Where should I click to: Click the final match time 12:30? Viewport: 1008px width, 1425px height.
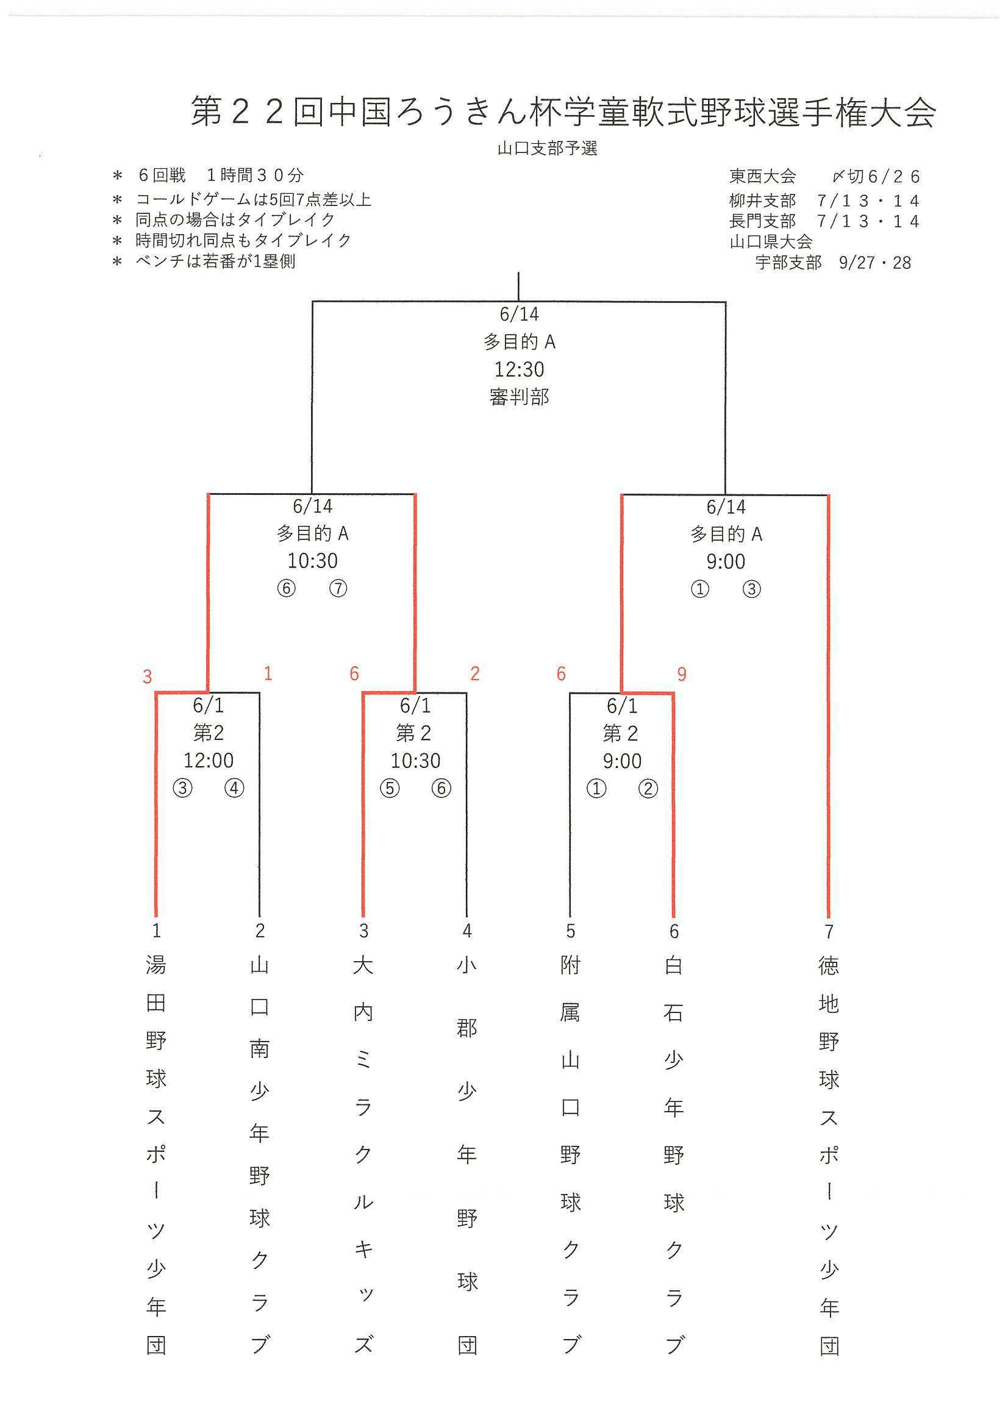click(x=519, y=369)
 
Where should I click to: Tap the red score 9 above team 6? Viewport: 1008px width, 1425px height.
click(x=682, y=674)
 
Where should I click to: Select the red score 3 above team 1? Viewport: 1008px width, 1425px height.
click(x=147, y=677)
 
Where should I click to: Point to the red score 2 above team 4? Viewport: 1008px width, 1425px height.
click(x=475, y=673)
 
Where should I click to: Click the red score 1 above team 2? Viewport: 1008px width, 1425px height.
click(x=268, y=673)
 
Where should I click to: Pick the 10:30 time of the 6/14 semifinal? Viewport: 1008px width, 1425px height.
click(x=312, y=561)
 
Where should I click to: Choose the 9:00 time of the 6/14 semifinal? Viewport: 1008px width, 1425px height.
click(x=726, y=562)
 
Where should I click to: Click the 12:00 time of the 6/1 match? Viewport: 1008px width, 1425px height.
click(x=209, y=760)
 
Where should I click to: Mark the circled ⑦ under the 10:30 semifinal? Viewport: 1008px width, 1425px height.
click(x=338, y=588)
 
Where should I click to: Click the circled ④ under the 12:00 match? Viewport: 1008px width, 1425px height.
click(x=234, y=788)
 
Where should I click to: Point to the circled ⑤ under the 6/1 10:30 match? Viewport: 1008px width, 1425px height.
click(x=390, y=788)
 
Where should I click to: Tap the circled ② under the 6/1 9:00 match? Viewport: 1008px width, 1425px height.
click(x=648, y=789)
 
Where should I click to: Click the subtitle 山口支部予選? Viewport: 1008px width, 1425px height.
click(x=547, y=149)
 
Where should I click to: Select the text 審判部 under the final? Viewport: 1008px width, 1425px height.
click(x=519, y=397)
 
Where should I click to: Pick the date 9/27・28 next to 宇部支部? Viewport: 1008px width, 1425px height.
click(x=874, y=263)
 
